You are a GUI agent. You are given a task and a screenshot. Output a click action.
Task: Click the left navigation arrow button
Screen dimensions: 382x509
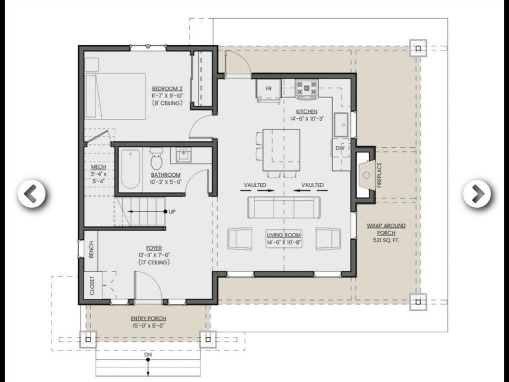tap(32, 194)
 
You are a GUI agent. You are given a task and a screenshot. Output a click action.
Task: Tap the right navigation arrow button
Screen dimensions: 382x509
tap(477, 194)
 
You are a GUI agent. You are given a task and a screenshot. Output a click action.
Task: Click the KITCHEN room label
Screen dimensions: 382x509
tap(304, 111)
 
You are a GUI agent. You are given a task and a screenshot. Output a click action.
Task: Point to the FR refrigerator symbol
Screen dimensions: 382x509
tap(269, 88)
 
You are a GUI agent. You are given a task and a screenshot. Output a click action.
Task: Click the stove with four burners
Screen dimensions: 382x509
tap(307, 87)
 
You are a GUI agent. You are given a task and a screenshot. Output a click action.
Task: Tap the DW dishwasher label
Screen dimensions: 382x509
tap(339, 148)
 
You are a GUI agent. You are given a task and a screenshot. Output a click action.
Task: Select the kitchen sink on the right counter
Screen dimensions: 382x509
tap(341, 125)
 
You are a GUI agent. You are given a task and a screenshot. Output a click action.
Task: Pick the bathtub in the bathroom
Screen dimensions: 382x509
tap(130, 169)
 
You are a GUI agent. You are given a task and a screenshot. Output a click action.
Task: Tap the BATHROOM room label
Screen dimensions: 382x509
tap(166, 175)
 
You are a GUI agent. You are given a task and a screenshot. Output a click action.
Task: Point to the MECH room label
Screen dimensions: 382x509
tap(98, 168)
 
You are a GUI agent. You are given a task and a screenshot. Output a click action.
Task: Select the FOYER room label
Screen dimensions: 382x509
tap(154, 248)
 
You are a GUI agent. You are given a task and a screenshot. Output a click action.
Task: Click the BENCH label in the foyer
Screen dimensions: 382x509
tap(91, 250)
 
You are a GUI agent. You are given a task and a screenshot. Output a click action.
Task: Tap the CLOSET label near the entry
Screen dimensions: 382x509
tap(92, 286)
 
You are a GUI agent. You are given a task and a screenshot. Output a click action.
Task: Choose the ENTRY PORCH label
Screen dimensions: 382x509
tap(148, 319)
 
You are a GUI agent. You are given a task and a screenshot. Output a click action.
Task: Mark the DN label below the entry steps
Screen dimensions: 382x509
tap(148, 355)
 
